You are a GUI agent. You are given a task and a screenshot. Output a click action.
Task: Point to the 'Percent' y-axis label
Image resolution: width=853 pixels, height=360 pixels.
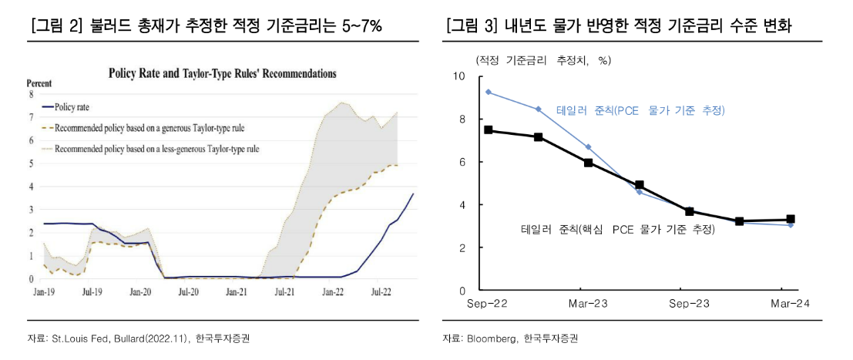(39, 82)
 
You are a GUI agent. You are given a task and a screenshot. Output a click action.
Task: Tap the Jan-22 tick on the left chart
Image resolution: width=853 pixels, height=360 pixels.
(333, 293)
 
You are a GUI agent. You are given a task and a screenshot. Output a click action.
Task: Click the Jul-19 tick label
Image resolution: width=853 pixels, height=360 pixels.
(92, 293)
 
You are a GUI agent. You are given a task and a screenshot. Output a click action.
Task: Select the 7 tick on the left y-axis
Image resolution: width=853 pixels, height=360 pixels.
(31, 117)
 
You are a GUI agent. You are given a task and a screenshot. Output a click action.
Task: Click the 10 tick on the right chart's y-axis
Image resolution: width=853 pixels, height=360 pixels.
(459, 76)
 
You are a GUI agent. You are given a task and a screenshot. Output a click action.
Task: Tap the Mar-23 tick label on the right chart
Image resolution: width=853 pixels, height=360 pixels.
(588, 304)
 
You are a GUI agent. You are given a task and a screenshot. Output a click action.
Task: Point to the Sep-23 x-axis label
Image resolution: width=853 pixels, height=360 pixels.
(690, 304)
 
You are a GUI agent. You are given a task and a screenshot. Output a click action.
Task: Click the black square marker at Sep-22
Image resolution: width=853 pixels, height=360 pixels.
(488, 130)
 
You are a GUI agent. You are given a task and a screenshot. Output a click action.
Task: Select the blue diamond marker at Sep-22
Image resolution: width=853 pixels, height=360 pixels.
(488, 92)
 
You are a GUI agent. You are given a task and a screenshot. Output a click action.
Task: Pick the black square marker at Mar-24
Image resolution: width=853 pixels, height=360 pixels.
(790, 220)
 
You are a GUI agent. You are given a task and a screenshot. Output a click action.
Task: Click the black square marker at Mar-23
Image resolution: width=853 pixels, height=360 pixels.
(589, 163)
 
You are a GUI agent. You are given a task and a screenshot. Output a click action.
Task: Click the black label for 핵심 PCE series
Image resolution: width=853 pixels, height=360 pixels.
(617, 229)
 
